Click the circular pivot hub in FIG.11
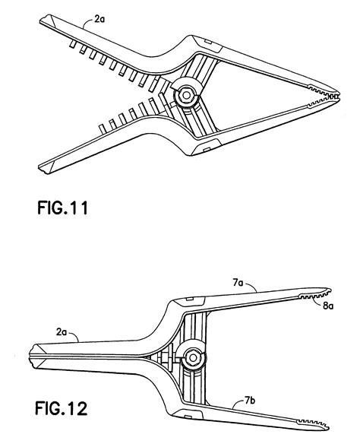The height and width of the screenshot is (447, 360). coord(185,94)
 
